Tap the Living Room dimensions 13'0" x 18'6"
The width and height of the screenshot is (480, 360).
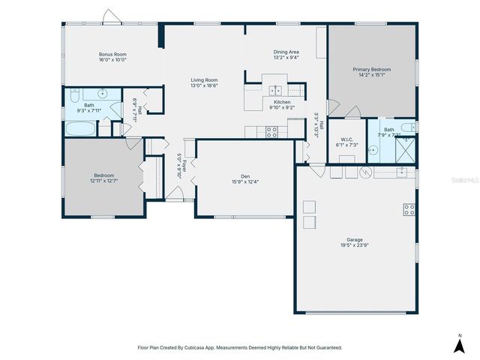203,85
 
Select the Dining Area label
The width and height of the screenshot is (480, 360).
286,52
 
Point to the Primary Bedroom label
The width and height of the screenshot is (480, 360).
372,69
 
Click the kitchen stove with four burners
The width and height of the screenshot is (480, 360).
272,131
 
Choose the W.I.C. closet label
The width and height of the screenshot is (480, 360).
346,139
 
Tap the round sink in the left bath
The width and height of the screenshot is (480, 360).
103,94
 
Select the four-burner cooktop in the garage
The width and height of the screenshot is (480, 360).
409,209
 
